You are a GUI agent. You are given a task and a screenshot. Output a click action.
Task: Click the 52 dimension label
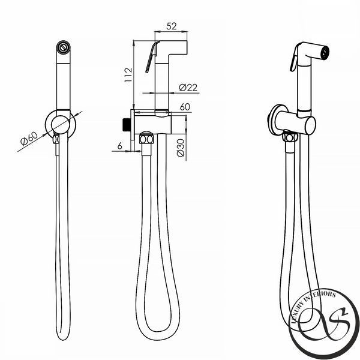click(172, 26)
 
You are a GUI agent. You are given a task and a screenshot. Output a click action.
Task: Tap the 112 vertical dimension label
click(128, 74)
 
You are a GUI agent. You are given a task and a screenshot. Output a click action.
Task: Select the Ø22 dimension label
click(188, 87)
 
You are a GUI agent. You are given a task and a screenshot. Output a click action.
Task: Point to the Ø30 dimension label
click(181, 148)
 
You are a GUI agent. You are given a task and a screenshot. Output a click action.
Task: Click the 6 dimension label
click(119, 146)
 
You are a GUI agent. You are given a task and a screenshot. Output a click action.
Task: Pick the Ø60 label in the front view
click(29, 139)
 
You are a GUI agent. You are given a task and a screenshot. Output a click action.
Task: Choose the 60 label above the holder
click(185, 107)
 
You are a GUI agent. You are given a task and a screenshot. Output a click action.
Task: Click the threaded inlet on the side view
click(127, 125)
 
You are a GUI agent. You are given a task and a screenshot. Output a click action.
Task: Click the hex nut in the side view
click(146, 139)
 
